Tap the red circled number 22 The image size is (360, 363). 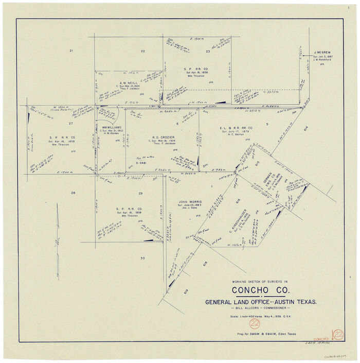253,324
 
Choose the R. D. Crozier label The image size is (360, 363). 161,137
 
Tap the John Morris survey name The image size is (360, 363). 190,202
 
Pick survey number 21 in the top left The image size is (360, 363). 71,50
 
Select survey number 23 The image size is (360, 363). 208,51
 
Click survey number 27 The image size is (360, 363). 71,124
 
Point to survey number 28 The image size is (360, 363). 73,193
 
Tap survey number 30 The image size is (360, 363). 142,258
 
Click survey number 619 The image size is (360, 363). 186,291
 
